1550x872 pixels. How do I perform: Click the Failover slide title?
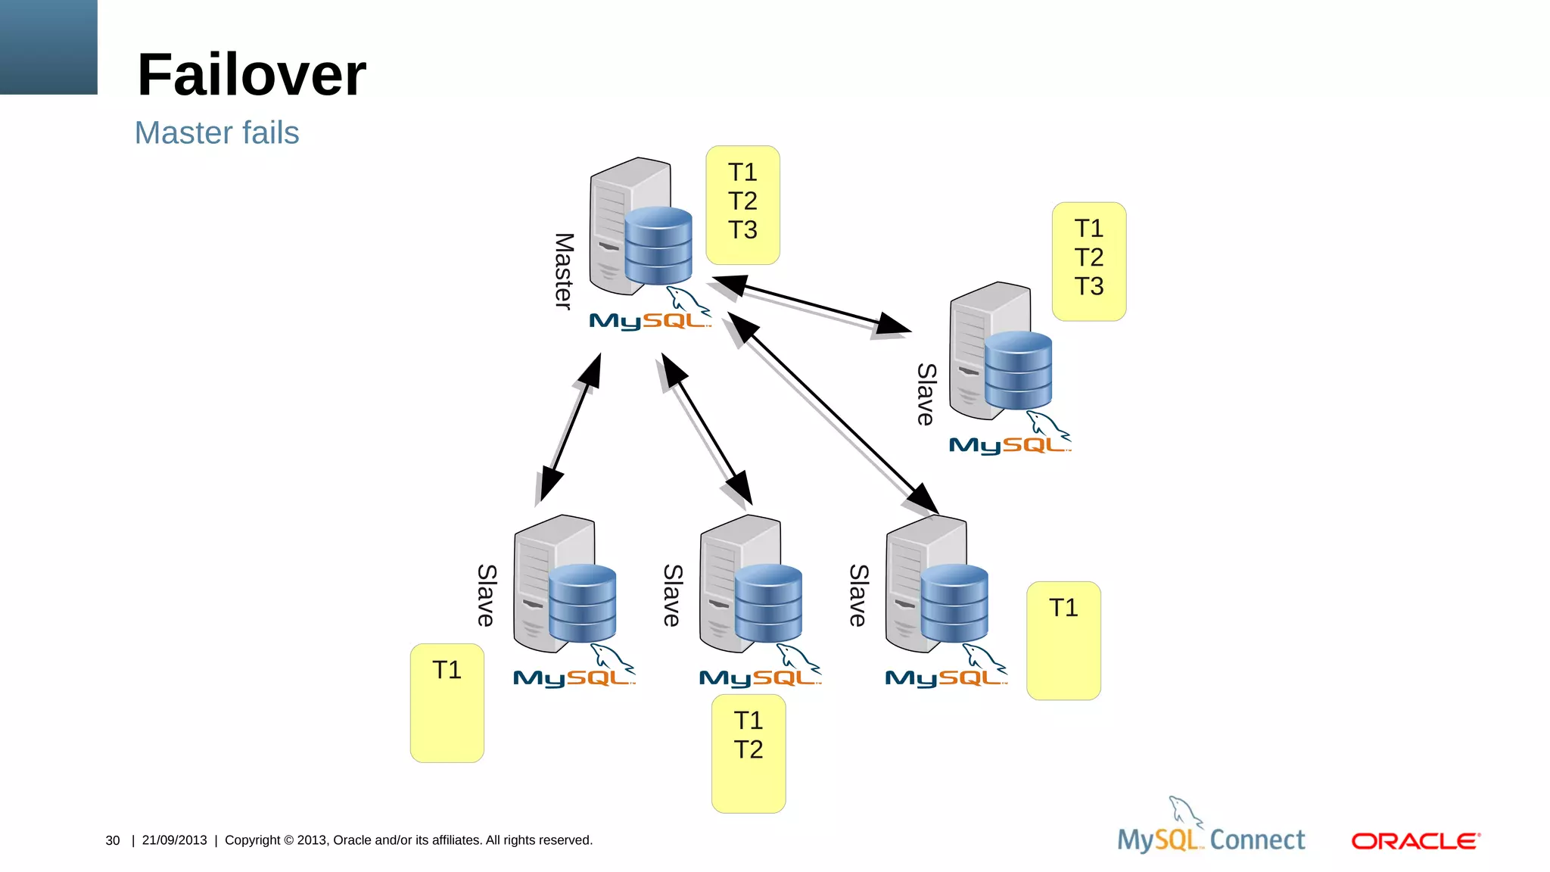coord(251,75)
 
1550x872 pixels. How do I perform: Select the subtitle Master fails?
coord(216,133)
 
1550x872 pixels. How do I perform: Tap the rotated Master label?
coord(564,271)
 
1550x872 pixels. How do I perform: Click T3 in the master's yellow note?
coord(742,230)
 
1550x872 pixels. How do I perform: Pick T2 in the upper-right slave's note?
coord(1088,257)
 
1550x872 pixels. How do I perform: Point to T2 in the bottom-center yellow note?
coord(748,749)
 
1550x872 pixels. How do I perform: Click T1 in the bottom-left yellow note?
coord(447,670)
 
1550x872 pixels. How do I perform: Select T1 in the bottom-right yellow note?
coord(1063,608)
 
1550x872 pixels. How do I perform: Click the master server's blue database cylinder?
coord(658,245)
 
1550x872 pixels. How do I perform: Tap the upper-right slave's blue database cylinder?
coord(1018,370)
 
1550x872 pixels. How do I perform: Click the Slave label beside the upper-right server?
coord(926,394)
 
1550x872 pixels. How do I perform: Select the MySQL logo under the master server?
coord(649,320)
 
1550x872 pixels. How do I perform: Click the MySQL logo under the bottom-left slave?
coord(574,677)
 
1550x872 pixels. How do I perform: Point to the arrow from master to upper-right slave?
coord(811,305)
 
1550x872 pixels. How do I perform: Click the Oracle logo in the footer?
coord(1415,841)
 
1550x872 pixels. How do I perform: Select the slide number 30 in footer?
coord(113,840)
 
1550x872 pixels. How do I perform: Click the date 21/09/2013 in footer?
coord(174,840)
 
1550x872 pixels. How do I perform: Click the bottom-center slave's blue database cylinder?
coord(768,603)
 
